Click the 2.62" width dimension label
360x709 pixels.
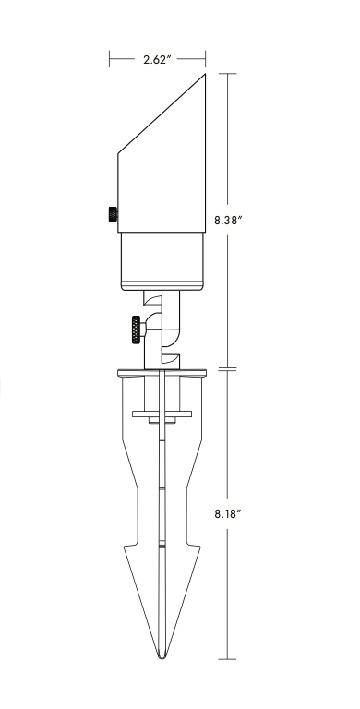tap(157, 59)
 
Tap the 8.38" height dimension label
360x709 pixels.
tap(228, 221)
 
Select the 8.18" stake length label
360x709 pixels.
tap(228, 513)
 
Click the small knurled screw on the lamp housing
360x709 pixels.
tap(113, 214)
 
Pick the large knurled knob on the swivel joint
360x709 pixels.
tap(137, 330)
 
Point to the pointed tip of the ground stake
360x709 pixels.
tap(162, 657)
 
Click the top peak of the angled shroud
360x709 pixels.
tap(205, 74)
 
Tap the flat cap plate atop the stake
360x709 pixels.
tap(162, 373)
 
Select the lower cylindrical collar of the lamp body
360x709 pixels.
tap(162, 261)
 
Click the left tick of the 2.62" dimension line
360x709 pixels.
tap(110, 59)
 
